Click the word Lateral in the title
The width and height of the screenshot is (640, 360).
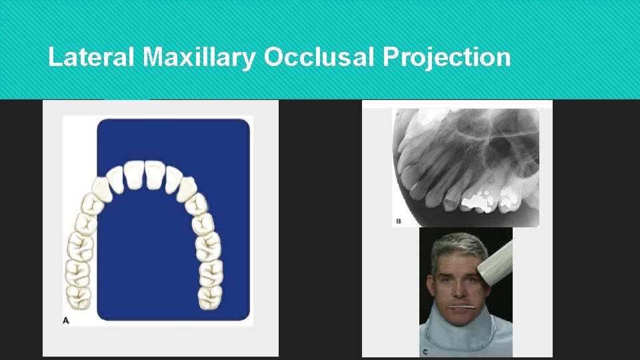click(93, 58)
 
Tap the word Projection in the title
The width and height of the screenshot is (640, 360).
click(447, 58)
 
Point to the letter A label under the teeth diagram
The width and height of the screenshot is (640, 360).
click(66, 321)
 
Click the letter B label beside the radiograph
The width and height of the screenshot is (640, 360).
click(399, 220)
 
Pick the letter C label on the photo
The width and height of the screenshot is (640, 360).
click(425, 351)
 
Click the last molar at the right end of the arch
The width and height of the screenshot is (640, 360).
click(211, 298)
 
